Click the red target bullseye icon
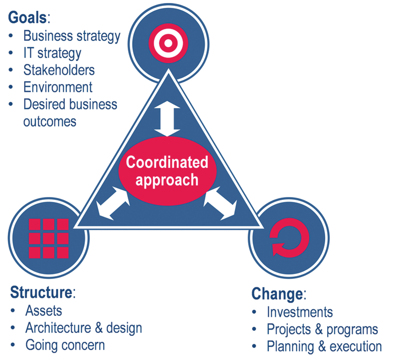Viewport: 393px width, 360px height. point(168,43)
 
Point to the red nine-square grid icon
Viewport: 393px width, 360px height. point(49,239)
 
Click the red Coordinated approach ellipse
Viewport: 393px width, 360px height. point(167,171)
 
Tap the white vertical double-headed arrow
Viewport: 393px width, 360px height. point(167,118)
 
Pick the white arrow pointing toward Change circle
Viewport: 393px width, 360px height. point(221,203)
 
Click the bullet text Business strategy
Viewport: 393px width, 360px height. point(72,36)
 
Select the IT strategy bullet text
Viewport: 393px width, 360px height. point(53,54)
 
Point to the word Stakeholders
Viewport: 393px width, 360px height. point(59,70)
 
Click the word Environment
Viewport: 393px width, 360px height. point(58,87)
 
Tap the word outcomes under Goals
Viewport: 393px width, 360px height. point(50,122)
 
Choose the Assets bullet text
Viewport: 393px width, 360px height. point(44,311)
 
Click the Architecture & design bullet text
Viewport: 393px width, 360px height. point(84,328)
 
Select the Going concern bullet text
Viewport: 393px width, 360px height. point(65,345)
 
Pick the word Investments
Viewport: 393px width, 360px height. point(300,312)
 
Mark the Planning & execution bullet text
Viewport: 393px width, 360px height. point(324,347)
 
